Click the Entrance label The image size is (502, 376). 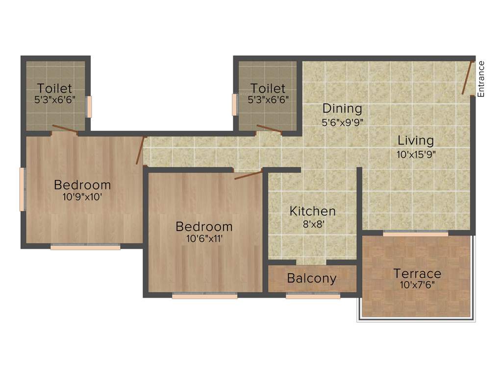481,78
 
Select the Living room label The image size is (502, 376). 416,141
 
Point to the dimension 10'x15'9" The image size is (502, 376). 416,154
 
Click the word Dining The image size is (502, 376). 342,108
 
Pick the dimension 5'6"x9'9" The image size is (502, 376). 342,122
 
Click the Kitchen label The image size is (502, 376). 313,211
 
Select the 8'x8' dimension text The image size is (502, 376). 313,224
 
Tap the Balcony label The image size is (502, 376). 312,279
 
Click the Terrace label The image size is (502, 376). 417,273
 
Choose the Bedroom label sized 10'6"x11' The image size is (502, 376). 204,227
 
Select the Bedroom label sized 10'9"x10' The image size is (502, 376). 82,185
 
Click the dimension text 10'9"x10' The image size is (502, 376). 82,198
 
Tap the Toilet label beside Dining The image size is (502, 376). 268,89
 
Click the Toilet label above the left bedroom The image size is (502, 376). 55,89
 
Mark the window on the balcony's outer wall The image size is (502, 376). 313,296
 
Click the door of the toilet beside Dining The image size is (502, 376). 269,129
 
